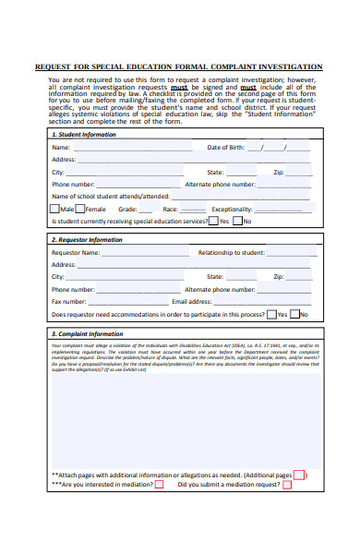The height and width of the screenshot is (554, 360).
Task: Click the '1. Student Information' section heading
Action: pyautogui.click(x=84, y=135)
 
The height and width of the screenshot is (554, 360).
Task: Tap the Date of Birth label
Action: pyautogui.click(x=225, y=148)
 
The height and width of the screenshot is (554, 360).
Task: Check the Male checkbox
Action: pyautogui.click(x=55, y=209)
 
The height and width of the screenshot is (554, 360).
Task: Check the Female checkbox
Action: pyautogui.click(x=80, y=209)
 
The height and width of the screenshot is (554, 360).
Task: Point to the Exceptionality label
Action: pyautogui.click(x=233, y=210)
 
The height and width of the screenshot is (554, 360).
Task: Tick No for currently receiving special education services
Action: pyautogui.click(x=237, y=222)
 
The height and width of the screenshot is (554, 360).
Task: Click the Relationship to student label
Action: pyautogui.click(x=232, y=252)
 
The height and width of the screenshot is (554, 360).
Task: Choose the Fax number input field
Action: pyautogui.click(x=129, y=301)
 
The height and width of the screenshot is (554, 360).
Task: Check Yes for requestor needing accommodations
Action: pyautogui.click(x=271, y=314)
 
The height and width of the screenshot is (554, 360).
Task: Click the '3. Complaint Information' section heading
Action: pyautogui.click(x=87, y=333)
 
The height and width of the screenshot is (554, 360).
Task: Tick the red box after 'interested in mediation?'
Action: pyautogui.click(x=159, y=484)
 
